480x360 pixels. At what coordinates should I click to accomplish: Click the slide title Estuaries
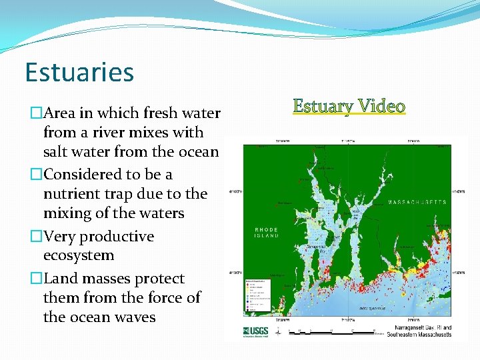click(x=79, y=72)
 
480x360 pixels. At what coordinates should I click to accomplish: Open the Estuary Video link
click(x=349, y=106)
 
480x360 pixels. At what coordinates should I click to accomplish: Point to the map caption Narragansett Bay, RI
click(x=419, y=327)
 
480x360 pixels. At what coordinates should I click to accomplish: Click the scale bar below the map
click(x=327, y=330)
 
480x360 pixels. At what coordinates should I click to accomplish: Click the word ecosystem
click(x=79, y=255)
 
